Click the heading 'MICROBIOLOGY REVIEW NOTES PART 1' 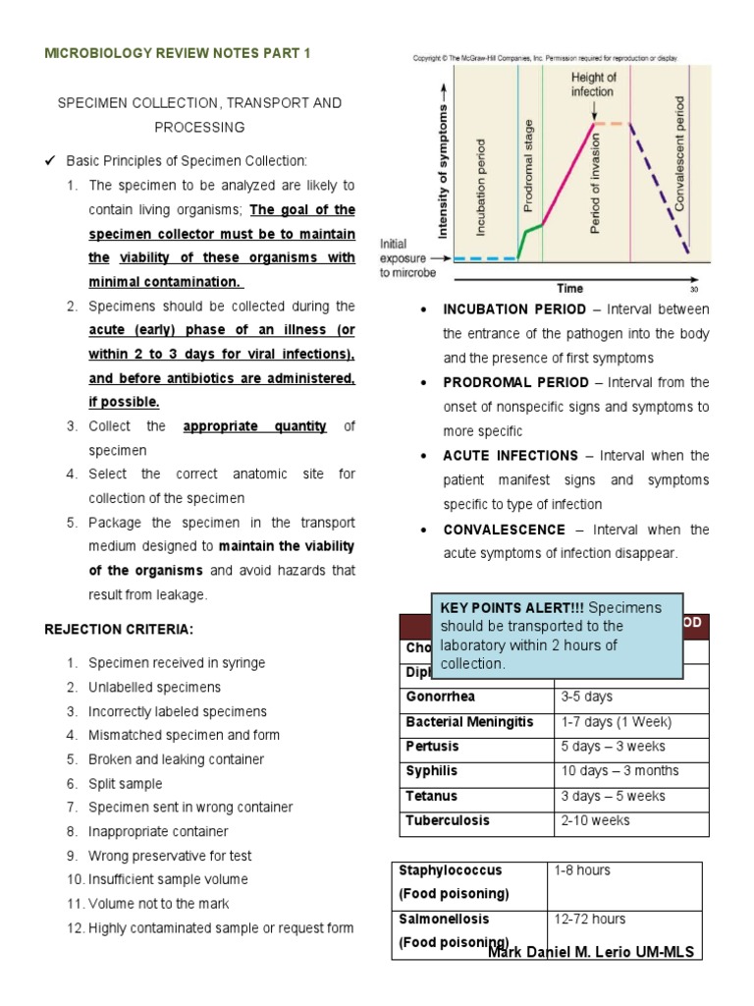178,53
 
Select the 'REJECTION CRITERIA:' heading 119,629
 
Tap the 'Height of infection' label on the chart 593,84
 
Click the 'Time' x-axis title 569,288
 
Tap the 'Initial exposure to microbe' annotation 406,260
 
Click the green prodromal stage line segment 531,235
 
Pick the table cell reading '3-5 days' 586,697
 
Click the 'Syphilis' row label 431,771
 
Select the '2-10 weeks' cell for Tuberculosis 595,820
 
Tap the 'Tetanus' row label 431,796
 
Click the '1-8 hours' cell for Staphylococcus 582,870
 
